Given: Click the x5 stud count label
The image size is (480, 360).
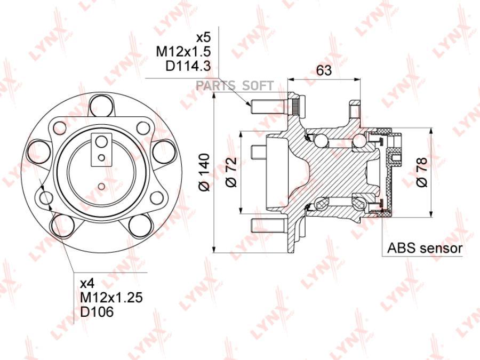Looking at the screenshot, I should tap(203, 38).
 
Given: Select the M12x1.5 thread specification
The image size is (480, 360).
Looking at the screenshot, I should tap(183, 52).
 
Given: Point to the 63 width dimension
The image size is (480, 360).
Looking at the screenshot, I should tap(324, 70).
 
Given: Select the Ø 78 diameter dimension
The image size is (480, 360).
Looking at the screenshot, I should tap(421, 172).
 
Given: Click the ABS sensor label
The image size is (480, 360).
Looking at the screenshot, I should tap(425, 248).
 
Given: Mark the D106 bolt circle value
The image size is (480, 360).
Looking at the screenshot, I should tap(97, 312).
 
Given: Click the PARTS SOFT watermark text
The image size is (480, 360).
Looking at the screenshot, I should tap(235, 86).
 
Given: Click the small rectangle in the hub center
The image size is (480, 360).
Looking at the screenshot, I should tap(100, 142).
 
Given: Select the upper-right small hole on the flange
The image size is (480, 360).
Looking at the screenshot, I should tap(142, 127).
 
